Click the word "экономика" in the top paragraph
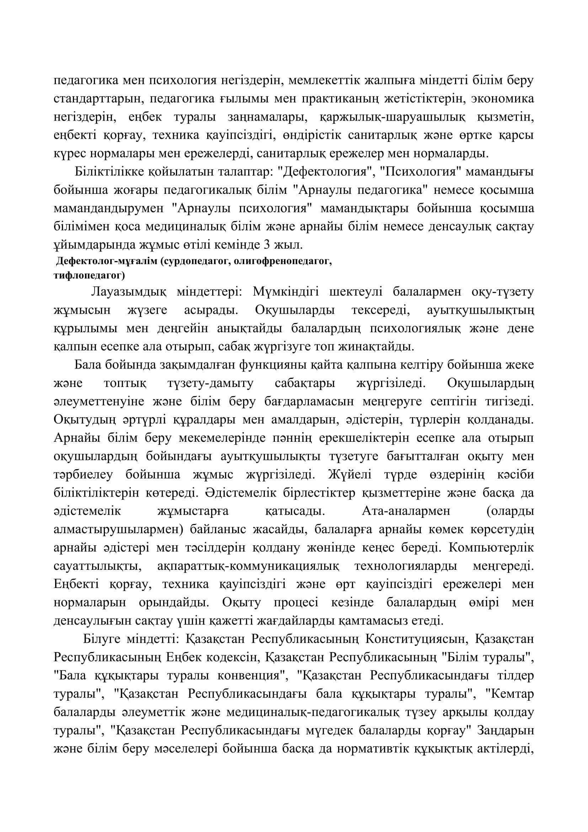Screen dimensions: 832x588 pos(503,99)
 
